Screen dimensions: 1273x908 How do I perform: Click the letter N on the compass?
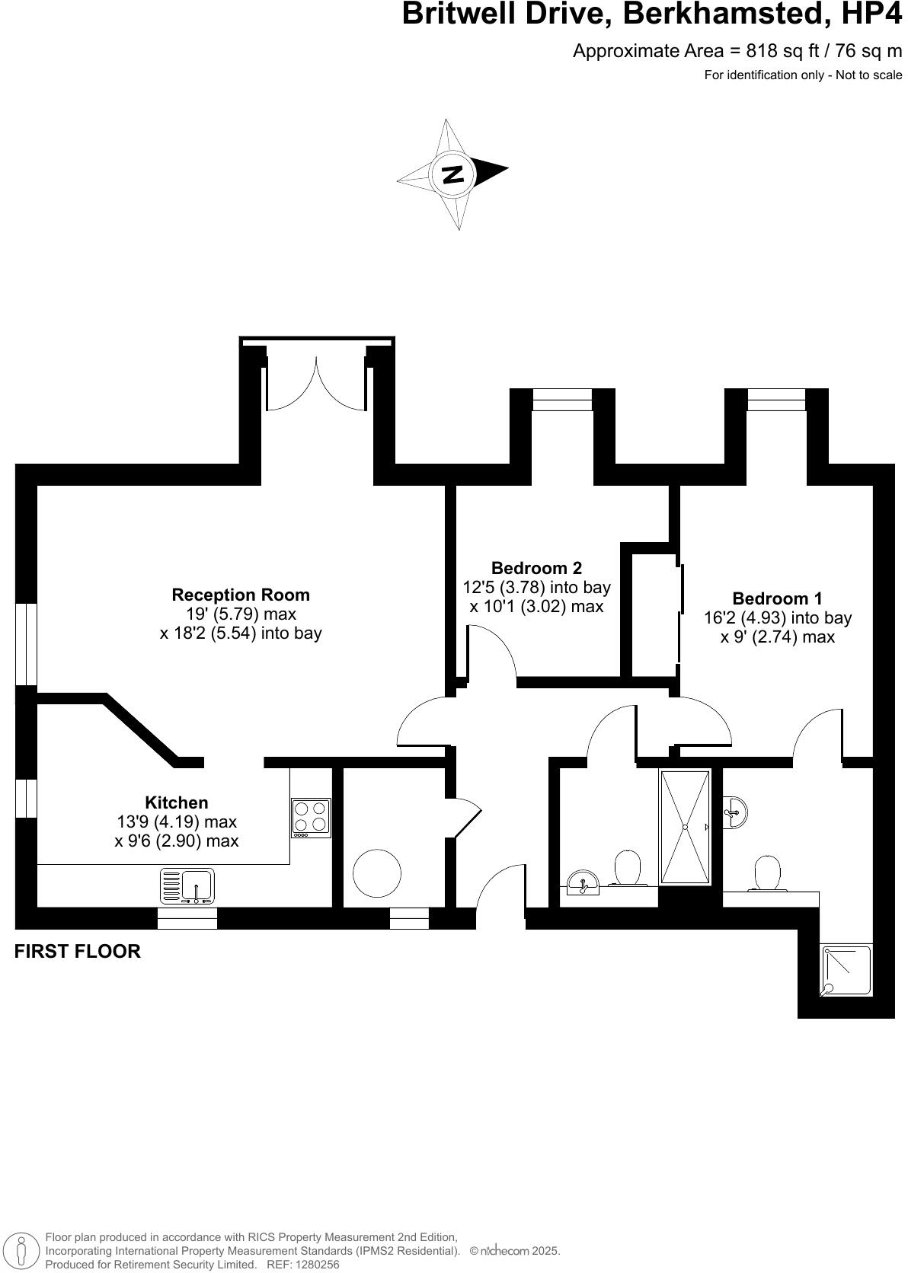[x=452, y=174]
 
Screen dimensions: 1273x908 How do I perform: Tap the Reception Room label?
[x=241, y=595]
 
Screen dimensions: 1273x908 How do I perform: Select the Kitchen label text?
[x=177, y=802]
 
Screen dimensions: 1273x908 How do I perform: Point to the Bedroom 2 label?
[x=536, y=568]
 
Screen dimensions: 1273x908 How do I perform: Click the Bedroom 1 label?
[x=777, y=598]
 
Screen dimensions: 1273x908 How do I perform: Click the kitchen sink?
[x=187, y=886]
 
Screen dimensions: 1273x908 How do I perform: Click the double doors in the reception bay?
[x=317, y=384]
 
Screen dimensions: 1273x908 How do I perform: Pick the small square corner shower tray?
[x=846, y=971]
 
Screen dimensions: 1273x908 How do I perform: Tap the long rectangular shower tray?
[x=685, y=827]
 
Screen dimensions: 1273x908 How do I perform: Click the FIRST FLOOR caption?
[x=78, y=952]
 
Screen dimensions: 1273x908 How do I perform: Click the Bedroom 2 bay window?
[x=562, y=400]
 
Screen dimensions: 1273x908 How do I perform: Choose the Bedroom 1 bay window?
[x=776, y=400]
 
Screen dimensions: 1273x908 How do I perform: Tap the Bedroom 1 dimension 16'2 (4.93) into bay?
[x=777, y=618]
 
